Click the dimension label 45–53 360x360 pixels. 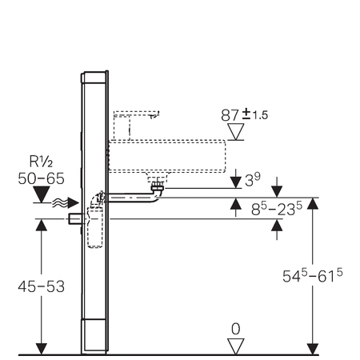[x=42, y=286]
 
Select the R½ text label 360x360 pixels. [x=41, y=162]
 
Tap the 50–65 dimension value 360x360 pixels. [x=41, y=178]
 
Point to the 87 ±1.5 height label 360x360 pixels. [x=244, y=115]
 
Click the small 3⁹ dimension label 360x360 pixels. [x=252, y=180]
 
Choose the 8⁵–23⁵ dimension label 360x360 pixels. [x=277, y=209]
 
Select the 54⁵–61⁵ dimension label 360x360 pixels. [x=312, y=275]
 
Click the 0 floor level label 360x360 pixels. [x=236, y=330]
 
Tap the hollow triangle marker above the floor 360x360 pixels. [x=236, y=346]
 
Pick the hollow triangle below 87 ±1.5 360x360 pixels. [x=236, y=131]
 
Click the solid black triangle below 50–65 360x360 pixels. [x=42, y=194]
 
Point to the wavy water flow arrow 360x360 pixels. [x=66, y=203]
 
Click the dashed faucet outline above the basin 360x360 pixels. [x=136, y=125]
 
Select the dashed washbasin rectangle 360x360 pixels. [x=167, y=156]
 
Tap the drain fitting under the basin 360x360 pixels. [x=158, y=186]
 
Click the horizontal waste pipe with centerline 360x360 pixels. [x=130, y=198]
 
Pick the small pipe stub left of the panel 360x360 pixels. [x=75, y=218]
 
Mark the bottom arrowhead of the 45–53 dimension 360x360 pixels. [x=42, y=349]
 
